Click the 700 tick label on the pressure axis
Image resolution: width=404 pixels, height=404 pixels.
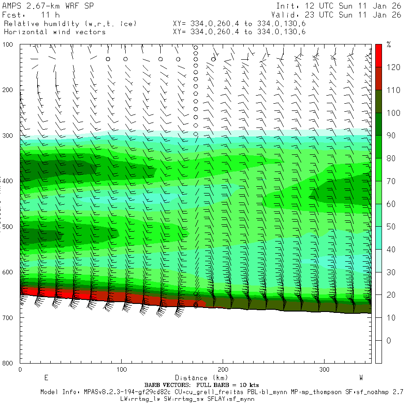tap(9, 318)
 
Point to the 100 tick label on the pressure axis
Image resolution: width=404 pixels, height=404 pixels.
tap(9, 44)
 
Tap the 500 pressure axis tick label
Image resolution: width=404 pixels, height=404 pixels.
tap(9, 227)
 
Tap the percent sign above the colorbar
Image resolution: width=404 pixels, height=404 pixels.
tap(389, 45)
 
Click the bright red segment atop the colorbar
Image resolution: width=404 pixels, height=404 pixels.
tap(378, 55)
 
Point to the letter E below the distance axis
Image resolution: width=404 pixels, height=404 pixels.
tap(46, 377)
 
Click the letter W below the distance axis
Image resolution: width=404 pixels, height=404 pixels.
tap(361, 377)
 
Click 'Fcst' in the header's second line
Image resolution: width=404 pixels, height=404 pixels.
tap(12, 15)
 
